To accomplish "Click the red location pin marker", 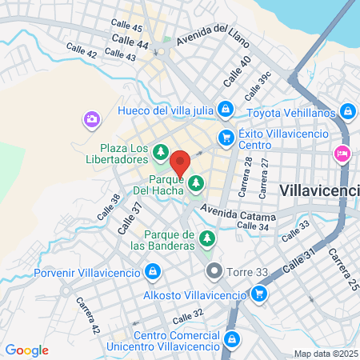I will (180, 162).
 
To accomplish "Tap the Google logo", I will (26, 350).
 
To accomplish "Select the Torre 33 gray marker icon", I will (213, 270).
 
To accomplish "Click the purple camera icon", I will (91, 120).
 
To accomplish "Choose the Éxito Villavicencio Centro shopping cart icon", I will (226, 138).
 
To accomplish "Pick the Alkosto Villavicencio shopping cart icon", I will (258, 295).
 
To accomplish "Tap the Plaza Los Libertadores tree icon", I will (161, 150).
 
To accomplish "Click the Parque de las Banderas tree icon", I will (207, 238).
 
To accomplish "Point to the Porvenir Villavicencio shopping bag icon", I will (151, 271).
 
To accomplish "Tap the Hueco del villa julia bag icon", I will (226, 109).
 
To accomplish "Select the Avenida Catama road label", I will (238, 214).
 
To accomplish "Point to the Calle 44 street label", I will (130, 41).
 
